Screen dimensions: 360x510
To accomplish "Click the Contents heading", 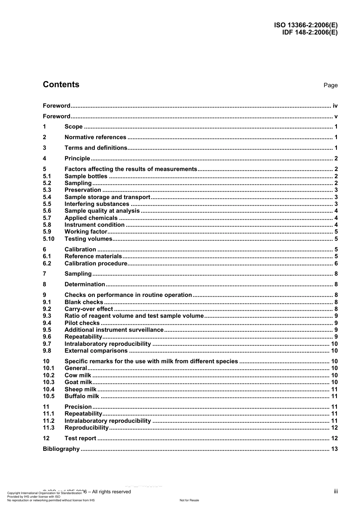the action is click(61, 85).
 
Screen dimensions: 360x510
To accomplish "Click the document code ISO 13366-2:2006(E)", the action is click(306, 25).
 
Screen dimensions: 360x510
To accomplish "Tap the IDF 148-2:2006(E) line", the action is click(310, 32).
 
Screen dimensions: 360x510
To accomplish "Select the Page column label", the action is click(330, 85).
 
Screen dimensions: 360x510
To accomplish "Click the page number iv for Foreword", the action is click(335, 106).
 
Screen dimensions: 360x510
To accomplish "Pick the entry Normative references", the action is click(95, 137).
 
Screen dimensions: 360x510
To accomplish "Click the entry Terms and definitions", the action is click(96, 148).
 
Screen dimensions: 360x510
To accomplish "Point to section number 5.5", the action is click(47, 204).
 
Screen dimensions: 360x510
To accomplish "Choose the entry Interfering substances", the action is click(97, 204).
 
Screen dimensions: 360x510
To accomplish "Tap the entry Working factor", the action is click(86, 232).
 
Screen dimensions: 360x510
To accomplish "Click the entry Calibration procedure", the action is click(96, 264).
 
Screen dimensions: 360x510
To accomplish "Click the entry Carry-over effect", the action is click(89, 309).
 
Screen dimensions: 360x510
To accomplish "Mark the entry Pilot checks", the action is click(82, 323).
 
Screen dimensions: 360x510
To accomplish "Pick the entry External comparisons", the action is click(96, 351).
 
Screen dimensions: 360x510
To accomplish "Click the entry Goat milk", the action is click(78, 382).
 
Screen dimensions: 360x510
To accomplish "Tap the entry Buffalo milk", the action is click(82, 396).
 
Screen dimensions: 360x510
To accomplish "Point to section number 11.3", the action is click(49, 428).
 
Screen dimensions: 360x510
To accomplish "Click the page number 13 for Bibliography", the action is click(334, 449).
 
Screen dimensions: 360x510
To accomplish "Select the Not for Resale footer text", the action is click(189, 500).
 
